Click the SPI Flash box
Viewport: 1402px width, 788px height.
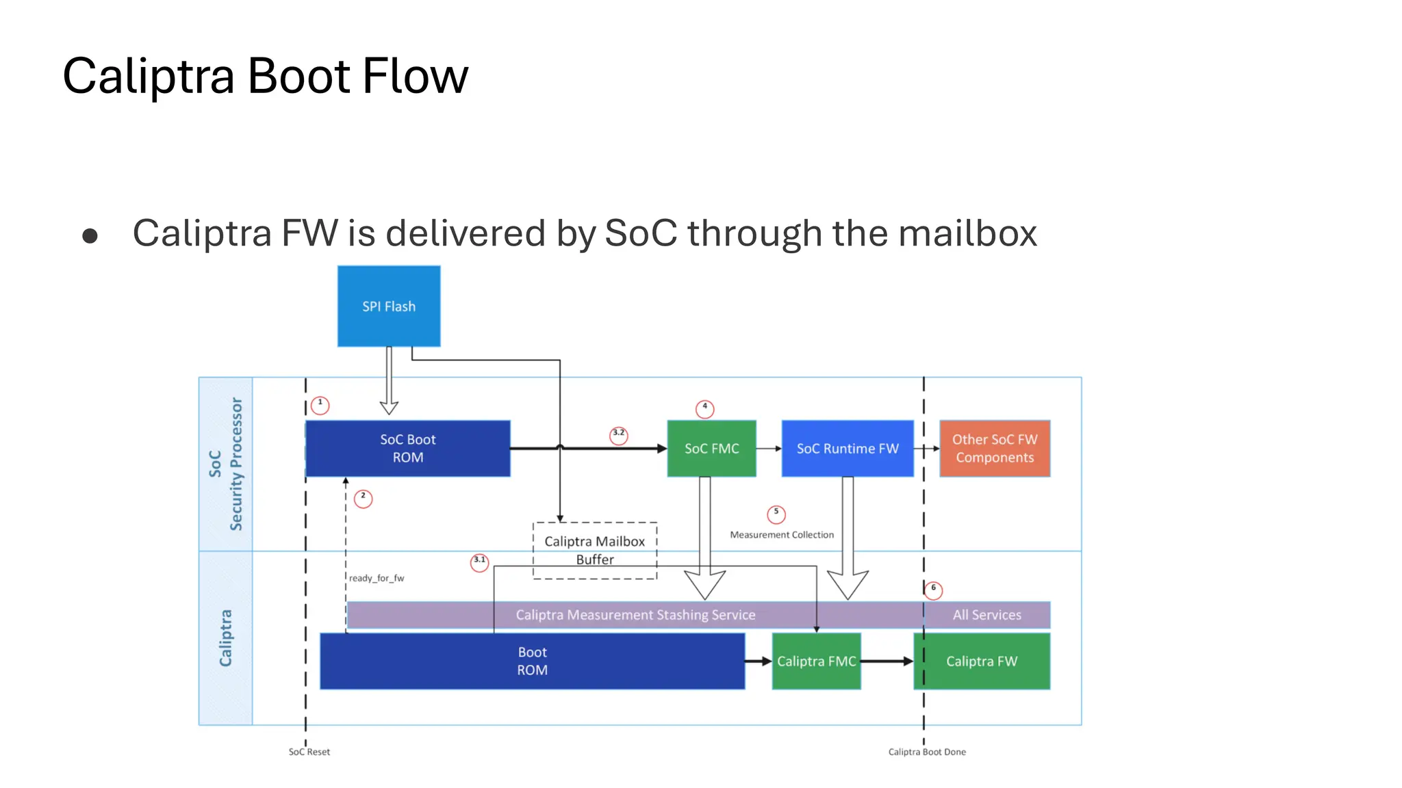click(x=389, y=306)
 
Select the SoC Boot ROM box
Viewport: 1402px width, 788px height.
click(x=407, y=448)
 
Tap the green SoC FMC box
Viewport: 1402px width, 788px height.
click(x=711, y=448)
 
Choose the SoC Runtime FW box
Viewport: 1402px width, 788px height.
click(x=847, y=448)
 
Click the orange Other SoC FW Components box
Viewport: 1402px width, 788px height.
click(x=994, y=448)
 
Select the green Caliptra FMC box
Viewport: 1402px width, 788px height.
click(x=816, y=661)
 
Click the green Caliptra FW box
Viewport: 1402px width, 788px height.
click(x=981, y=661)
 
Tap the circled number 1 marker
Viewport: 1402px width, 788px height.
click(x=320, y=405)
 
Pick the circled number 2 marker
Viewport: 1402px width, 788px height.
click(x=363, y=498)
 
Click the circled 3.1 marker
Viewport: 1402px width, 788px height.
click(x=479, y=562)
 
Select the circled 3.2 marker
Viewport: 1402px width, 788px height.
click(x=618, y=435)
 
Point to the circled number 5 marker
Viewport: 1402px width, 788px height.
click(x=776, y=514)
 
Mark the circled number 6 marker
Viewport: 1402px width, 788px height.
click(x=933, y=590)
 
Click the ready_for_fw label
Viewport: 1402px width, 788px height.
click(x=377, y=578)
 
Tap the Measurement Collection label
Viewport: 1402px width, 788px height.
click(x=782, y=535)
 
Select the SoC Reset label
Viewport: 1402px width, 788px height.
click(x=309, y=752)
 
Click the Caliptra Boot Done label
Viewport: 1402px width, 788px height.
click(x=927, y=752)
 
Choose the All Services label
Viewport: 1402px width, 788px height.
click(x=986, y=614)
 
